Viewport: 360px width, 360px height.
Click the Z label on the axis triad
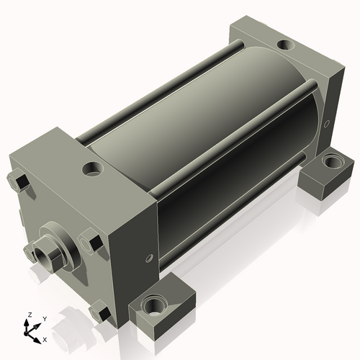click(30, 315)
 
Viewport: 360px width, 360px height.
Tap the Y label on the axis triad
click(45, 319)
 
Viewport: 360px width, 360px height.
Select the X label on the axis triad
click(45, 340)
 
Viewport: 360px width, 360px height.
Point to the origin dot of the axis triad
click(26, 333)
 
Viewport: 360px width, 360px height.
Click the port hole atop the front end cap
click(93, 168)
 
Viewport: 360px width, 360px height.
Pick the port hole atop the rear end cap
click(285, 45)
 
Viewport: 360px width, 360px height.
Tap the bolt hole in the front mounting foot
click(154, 305)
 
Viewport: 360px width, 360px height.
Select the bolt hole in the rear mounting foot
click(332, 161)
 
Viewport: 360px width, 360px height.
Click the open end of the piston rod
click(42, 257)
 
